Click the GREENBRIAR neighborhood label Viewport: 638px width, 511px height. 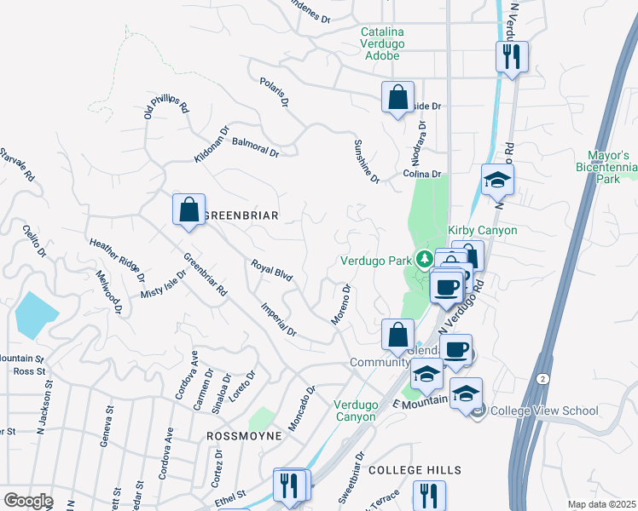click(x=241, y=215)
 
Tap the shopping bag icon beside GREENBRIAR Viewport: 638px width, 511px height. click(x=188, y=210)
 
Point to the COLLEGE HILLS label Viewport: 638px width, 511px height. click(x=415, y=470)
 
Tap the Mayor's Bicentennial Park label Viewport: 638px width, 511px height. click(x=608, y=168)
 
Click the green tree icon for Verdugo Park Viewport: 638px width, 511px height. click(x=423, y=258)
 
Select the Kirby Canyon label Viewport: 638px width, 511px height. click(x=483, y=231)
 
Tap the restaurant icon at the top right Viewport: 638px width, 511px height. click(x=512, y=58)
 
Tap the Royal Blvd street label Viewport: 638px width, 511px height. click(x=272, y=272)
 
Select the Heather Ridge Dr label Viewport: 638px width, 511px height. click(x=119, y=256)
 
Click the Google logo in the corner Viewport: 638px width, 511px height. click(x=28, y=501)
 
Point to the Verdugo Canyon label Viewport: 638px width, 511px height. click(x=354, y=411)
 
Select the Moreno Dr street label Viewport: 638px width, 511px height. click(x=340, y=304)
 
